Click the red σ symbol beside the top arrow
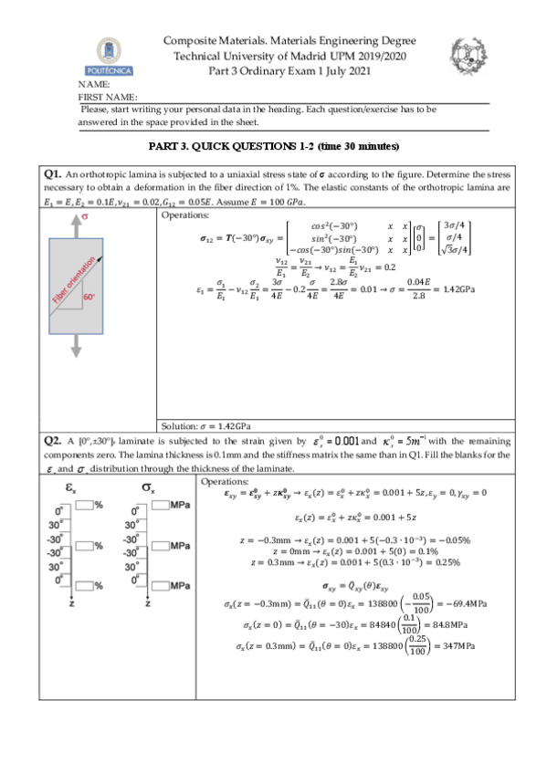(x=85, y=217)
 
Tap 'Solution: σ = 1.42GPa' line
(x=206, y=426)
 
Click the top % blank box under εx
(x=88, y=505)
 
